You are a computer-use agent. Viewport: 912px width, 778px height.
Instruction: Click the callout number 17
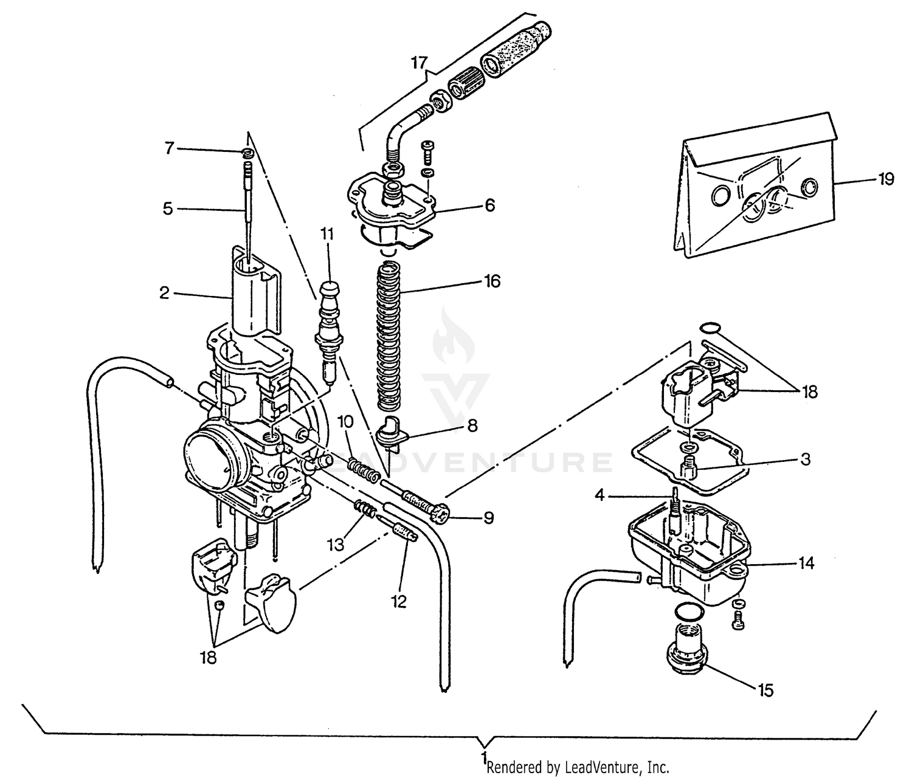point(419,63)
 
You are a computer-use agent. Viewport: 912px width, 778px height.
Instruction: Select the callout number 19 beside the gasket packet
point(885,179)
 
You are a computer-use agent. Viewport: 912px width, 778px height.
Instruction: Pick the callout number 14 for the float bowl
point(806,563)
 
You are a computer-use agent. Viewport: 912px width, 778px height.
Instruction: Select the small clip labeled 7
point(246,152)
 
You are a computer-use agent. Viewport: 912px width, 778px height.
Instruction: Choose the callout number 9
point(488,518)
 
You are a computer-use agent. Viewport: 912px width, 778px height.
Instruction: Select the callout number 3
point(805,460)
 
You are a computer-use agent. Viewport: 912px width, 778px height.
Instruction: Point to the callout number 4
point(600,495)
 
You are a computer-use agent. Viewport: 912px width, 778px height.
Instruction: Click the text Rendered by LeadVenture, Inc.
point(578,767)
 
